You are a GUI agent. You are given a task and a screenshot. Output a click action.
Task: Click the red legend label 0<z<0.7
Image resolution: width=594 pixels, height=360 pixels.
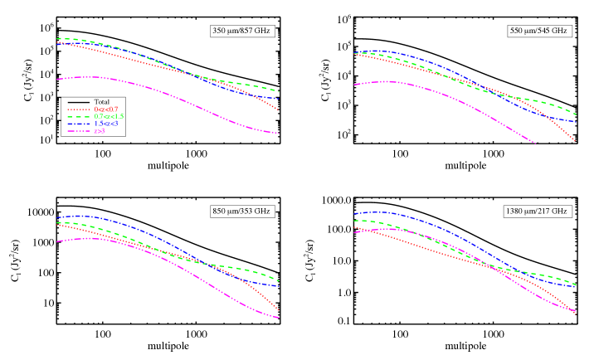point(105,109)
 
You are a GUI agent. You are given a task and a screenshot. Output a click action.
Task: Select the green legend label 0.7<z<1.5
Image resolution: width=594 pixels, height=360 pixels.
point(109,117)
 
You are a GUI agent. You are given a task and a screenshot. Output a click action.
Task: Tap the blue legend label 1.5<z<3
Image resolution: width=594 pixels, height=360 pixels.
point(105,124)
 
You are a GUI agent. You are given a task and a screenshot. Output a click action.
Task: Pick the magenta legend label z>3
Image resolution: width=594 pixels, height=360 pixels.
point(99,131)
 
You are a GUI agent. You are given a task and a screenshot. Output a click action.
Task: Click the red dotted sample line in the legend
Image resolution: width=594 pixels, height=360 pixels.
point(79,109)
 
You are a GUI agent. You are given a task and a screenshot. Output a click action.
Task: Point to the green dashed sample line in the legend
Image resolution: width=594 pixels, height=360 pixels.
point(79,117)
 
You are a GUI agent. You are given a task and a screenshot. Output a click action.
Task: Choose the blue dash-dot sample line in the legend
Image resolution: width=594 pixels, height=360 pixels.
point(79,124)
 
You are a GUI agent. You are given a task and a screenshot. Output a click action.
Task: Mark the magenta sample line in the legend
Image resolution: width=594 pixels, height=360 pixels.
point(79,131)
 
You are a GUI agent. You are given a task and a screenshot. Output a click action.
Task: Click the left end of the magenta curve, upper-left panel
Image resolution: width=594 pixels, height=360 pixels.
point(56,80)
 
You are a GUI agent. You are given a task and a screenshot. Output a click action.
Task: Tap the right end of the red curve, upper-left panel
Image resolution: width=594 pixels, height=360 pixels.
point(279,110)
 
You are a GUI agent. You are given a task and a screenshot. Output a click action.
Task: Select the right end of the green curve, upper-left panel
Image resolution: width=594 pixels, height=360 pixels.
point(280,92)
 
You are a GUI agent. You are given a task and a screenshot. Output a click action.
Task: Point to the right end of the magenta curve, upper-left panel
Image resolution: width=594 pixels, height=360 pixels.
point(280,134)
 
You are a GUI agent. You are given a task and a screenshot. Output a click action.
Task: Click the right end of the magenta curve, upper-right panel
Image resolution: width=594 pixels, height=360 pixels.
point(535,144)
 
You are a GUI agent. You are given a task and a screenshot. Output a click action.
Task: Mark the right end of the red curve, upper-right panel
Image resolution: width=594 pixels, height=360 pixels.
point(576,142)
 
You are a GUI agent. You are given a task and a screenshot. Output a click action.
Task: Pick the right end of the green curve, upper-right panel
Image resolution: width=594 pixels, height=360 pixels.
point(576,114)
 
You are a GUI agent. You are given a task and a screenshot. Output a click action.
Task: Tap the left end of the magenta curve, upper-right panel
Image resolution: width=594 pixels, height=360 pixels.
point(354,85)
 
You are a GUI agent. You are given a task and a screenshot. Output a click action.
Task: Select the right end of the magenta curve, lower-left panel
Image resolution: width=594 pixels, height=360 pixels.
point(280,318)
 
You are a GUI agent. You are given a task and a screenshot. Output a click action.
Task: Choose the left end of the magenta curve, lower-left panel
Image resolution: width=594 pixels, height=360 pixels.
point(56,242)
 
